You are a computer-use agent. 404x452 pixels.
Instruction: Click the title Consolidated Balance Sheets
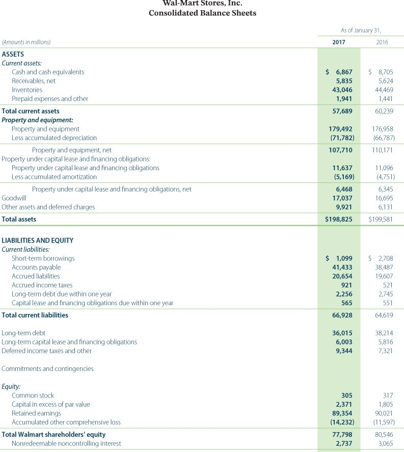202,13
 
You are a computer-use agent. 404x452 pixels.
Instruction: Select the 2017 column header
339,42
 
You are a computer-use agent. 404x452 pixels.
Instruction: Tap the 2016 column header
382,42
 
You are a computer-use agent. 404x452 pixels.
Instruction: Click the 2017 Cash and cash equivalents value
339,72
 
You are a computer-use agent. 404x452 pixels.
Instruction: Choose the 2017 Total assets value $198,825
339,219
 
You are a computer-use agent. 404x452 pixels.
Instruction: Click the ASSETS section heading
13,54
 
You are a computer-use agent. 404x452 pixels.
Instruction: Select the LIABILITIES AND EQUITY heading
38,241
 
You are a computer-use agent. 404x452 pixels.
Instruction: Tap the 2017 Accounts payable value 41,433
342,267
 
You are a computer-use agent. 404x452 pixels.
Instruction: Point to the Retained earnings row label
36,413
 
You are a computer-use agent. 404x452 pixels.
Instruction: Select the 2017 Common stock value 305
346,395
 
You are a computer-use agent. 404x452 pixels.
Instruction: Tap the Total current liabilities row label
35,315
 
